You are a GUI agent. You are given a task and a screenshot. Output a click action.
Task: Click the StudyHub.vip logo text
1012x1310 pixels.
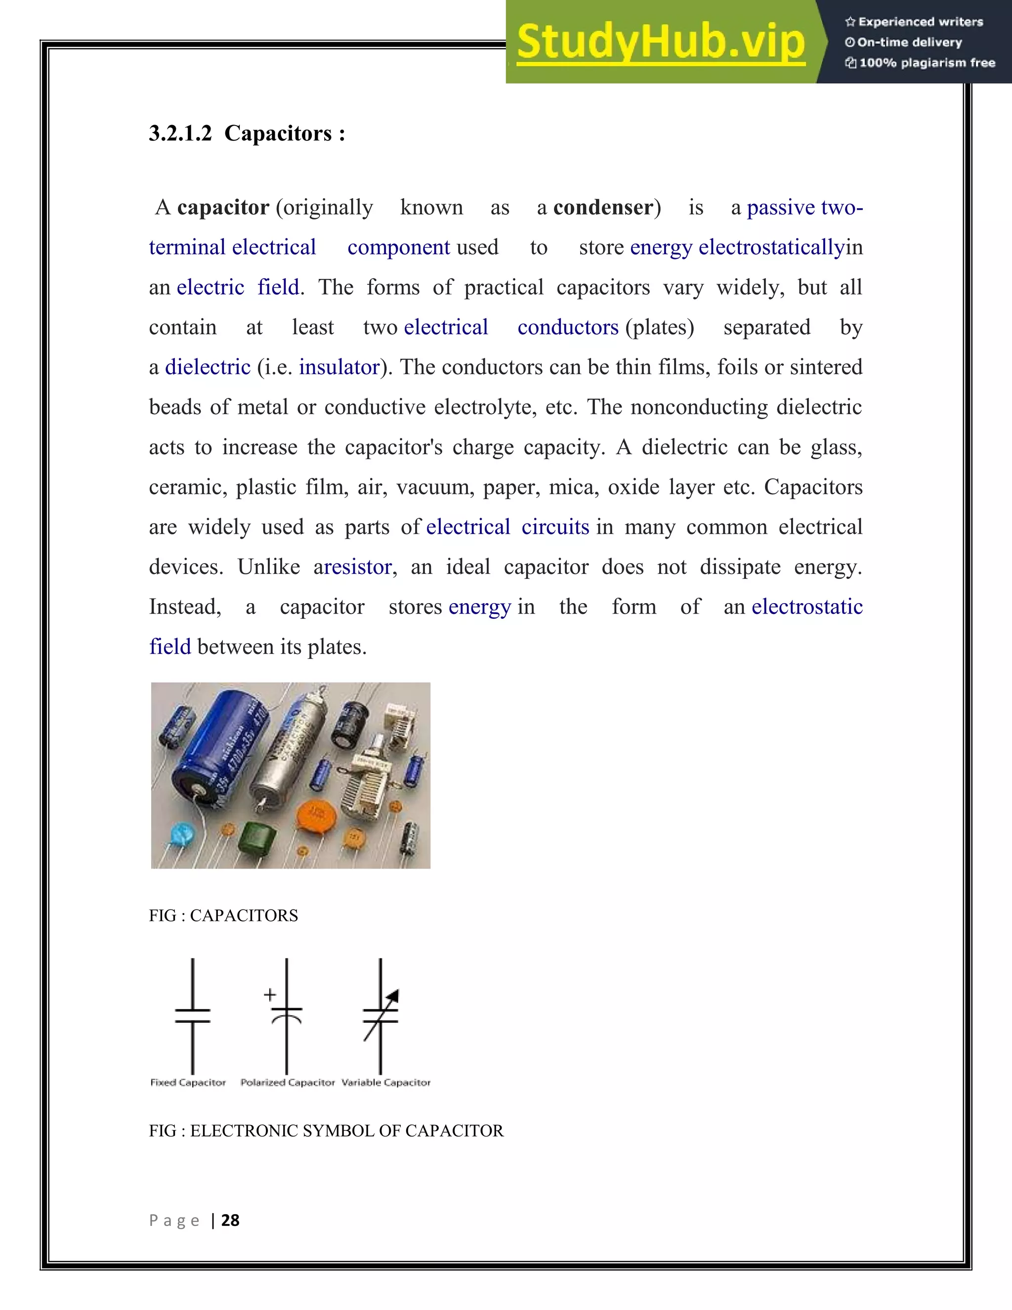(x=660, y=42)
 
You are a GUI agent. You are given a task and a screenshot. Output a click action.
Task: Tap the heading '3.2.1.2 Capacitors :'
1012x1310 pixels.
(x=247, y=133)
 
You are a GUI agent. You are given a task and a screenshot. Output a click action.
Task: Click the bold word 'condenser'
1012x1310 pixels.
(x=603, y=208)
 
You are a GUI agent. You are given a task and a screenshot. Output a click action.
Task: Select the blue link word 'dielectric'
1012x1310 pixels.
(x=208, y=367)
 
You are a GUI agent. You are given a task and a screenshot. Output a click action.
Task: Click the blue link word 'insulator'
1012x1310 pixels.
(x=339, y=367)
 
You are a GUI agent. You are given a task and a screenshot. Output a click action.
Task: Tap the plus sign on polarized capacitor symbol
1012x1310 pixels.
(x=270, y=995)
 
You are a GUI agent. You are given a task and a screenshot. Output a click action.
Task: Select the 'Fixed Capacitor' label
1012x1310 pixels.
(x=188, y=1083)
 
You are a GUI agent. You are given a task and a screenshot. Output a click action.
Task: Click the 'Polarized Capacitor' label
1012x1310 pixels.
(x=287, y=1083)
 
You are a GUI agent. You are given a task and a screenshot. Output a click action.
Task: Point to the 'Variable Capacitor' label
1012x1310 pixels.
(x=385, y=1083)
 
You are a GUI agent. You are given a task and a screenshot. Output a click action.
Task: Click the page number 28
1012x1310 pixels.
(x=230, y=1221)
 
